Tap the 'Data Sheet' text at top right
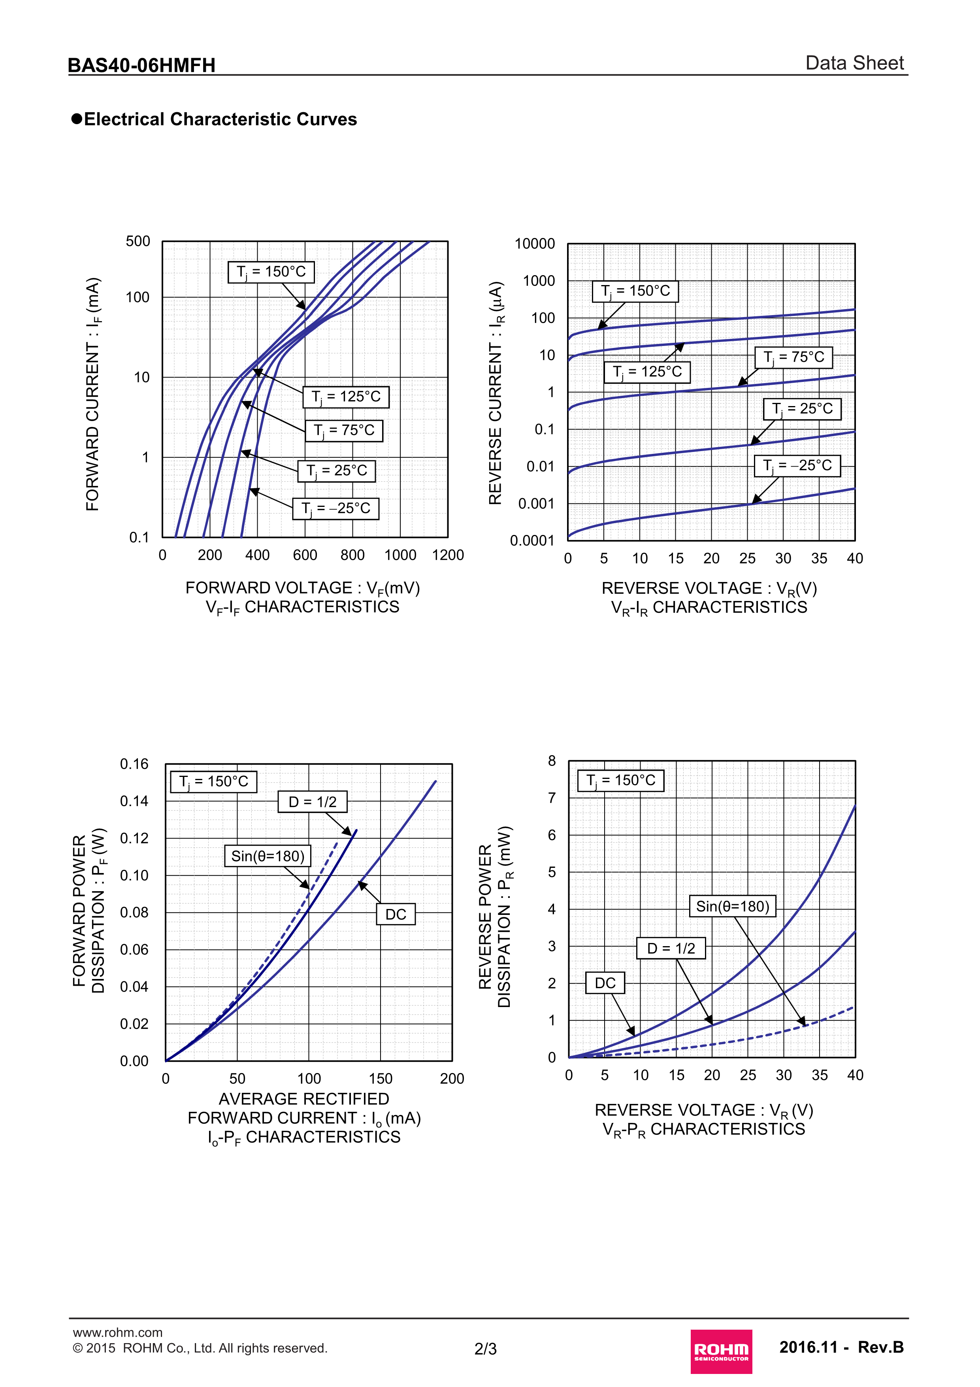[854, 63]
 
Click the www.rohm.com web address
[118, 1332]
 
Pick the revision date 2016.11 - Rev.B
[841, 1347]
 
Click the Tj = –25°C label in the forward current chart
[336, 508]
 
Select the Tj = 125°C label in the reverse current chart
[647, 372]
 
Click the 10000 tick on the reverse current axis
[534, 244]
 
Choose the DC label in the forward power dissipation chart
[396, 914]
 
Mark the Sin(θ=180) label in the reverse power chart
[733, 906]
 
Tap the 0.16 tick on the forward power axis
[134, 764]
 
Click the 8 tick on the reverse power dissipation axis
[551, 761]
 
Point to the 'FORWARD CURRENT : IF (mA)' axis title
[93, 394]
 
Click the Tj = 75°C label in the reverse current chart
[793, 357]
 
